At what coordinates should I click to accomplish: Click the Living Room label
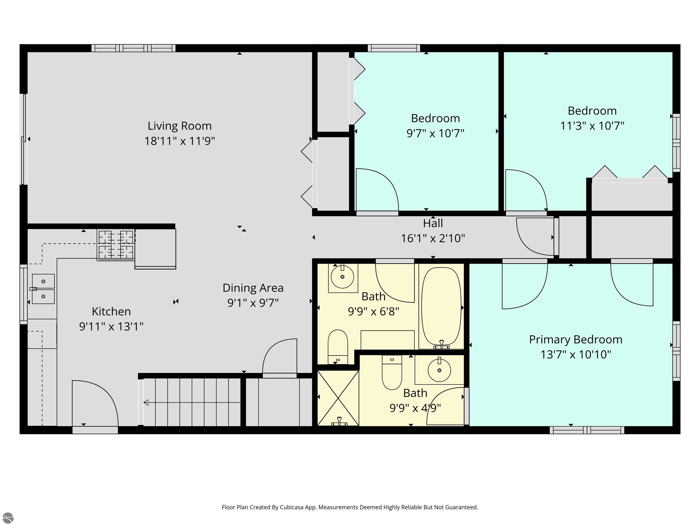[x=179, y=126]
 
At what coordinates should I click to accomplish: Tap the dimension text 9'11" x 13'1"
[x=111, y=326]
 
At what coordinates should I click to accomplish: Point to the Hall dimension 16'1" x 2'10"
[x=433, y=238]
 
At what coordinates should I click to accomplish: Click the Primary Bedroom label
[x=576, y=340]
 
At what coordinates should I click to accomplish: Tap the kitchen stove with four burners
[x=116, y=245]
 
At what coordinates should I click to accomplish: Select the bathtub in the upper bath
[x=441, y=306]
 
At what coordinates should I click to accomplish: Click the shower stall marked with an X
[x=338, y=398]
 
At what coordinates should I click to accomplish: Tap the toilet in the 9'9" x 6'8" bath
[x=338, y=347]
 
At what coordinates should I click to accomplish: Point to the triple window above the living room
[x=133, y=48]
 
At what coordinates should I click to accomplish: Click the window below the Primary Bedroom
[x=587, y=430]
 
